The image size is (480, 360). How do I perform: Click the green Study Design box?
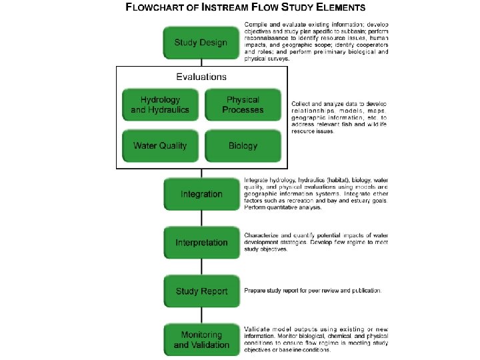click(x=201, y=43)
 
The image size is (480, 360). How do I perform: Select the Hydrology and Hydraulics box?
click(x=160, y=105)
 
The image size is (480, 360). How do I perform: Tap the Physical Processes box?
click(x=243, y=105)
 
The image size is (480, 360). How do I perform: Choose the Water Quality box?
click(x=160, y=145)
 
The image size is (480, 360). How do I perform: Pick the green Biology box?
click(x=243, y=145)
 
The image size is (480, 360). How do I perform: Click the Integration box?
click(x=201, y=194)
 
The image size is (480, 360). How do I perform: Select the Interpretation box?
click(x=201, y=243)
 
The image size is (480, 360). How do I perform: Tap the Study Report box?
click(x=201, y=291)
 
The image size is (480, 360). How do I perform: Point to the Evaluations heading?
click(x=201, y=77)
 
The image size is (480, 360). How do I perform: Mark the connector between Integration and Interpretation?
click(x=201, y=218)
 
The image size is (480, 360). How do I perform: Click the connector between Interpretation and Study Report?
click(x=201, y=267)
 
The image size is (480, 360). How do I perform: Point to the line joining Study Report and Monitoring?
click(x=201, y=315)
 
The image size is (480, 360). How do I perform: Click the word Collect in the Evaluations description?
click(x=301, y=105)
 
